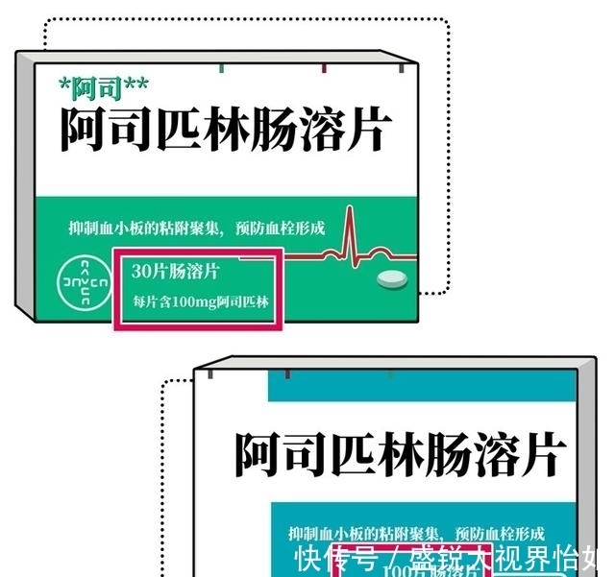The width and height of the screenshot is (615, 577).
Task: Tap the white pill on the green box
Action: [x=391, y=278]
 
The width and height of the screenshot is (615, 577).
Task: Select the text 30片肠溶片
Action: [x=176, y=272]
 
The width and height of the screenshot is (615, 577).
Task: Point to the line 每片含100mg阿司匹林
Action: [x=201, y=303]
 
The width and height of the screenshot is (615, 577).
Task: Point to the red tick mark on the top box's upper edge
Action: [x=324, y=69]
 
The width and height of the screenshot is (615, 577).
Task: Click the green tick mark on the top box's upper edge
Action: [x=223, y=69]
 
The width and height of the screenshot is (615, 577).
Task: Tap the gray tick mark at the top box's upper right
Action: [x=401, y=69]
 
